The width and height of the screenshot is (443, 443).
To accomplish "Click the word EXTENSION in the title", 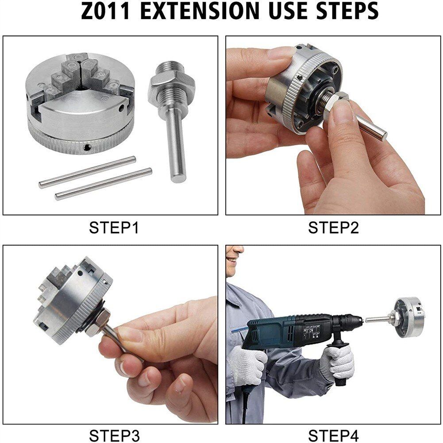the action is point(200,11).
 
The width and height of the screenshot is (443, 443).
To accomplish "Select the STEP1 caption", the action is point(114,228).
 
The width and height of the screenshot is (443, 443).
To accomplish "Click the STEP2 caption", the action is point(333,228).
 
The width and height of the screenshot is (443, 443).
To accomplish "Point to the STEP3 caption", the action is point(115,435).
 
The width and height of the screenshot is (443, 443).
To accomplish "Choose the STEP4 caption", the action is point(333,435).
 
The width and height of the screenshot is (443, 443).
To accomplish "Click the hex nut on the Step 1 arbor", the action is point(172,84).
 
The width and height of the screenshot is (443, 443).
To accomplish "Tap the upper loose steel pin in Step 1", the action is point(87,172).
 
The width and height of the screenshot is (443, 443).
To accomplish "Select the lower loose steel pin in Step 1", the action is point(104,184).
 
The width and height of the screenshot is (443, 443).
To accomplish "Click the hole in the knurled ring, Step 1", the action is point(87,147).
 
